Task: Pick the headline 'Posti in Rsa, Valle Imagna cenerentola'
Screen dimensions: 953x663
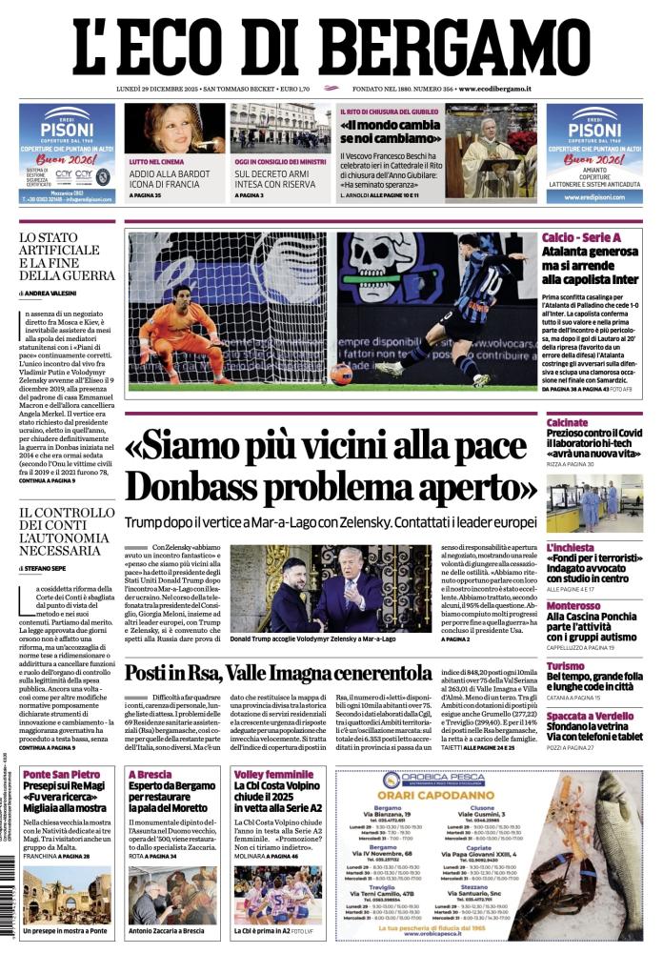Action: pyautogui.click(x=278, y=672)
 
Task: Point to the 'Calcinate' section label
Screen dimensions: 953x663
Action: pyautogui.click(x=567, y=422)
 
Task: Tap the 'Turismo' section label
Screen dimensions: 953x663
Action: pyautogui.click(x=566, y=666)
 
